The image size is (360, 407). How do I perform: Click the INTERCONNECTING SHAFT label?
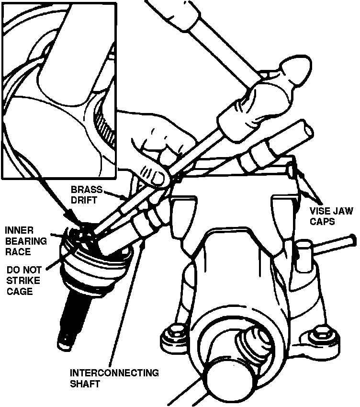coord(114,378)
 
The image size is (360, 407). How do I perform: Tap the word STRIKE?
coord(23,280)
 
